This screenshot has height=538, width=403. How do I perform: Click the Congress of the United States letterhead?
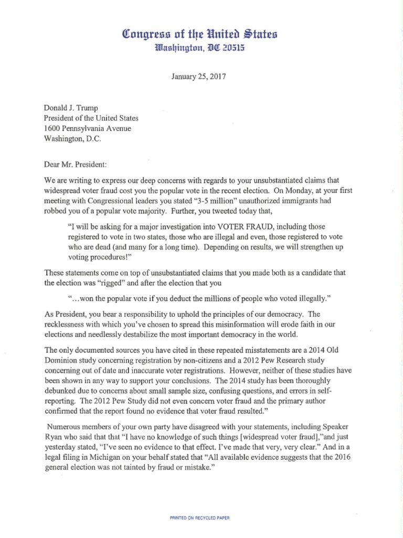(x=200, y=35)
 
